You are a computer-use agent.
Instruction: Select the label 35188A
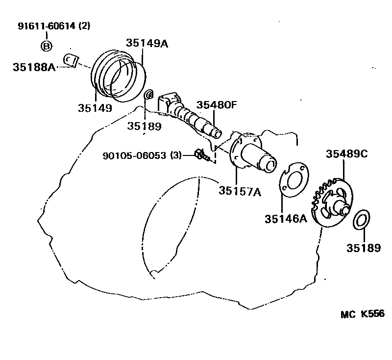pyautogui.click(x=34, y=67)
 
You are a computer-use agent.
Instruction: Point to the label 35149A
pyautogui.click(x=147, y=43)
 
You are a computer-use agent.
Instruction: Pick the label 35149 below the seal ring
pyautogui.click(x=95, y=108)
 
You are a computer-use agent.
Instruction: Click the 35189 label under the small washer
pyautogui.click(x=144, y=126)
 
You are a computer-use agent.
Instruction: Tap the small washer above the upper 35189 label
pyautogui.click(x=149, y=94)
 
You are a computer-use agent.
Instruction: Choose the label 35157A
pyautogui.click(x=240, y=191)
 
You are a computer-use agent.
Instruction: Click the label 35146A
pyautogui.click(x=286, y=219)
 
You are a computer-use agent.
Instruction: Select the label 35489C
pyautogui.click(x=347, y=154)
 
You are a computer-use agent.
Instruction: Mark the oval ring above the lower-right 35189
pyautogui.click(x=361, y=219)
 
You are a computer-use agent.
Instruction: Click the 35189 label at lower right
pyautogui.click(x=364, y=248)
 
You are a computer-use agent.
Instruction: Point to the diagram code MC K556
pyautogui.click(x=363, y=314)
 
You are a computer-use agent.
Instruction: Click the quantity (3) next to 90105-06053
pyautogui.click(x=175, y=155)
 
